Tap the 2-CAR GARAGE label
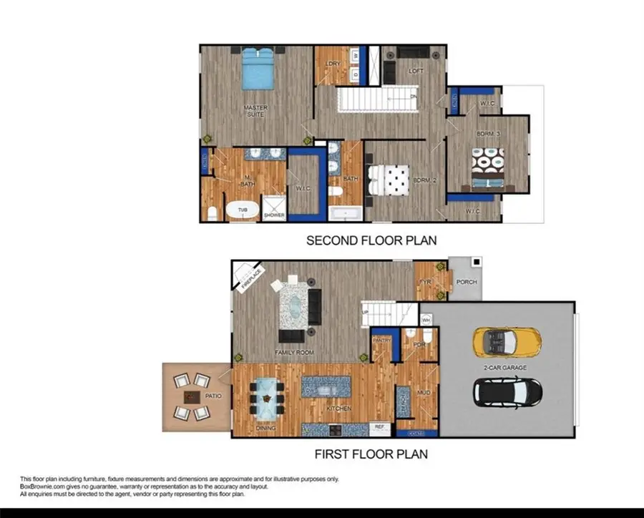(x=504, y=367)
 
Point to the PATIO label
(x=213, y=396)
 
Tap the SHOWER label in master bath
(x=274, y=215)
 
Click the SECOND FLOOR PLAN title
(x=371, y=240)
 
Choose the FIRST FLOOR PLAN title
(x=371, y=454)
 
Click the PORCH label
(x=467, y=282)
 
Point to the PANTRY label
(x=381, y=341)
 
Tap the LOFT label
(x=416, y=72)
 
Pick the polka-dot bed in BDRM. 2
(x=388, y=180)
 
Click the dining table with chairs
(x=267, y=396)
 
